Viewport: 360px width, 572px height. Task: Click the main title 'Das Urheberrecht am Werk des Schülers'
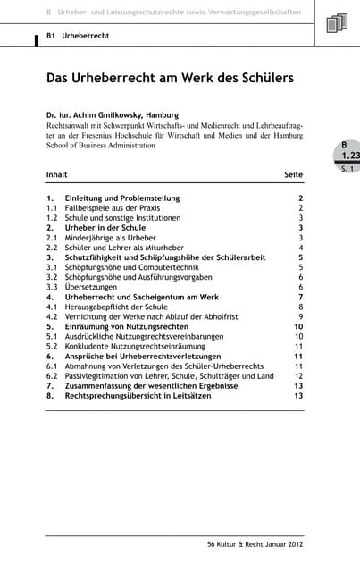tap(170, 79)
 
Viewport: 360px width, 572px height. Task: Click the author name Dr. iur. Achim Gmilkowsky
tap(113, 114)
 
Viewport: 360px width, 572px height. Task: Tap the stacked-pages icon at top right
tap(337, 23)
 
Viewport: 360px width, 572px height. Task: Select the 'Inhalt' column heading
tap(56, 174)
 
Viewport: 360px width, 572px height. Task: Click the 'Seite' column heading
tap(293, 174)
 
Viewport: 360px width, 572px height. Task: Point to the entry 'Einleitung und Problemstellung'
tap(122, 198)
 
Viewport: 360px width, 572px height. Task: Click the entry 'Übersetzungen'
tap(90, 287)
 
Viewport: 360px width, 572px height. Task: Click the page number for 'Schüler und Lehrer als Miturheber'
tap(301, 248)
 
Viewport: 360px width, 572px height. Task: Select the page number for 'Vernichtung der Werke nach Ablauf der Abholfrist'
tap(301, 316)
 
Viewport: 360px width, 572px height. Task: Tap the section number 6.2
tap(52, 376)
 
